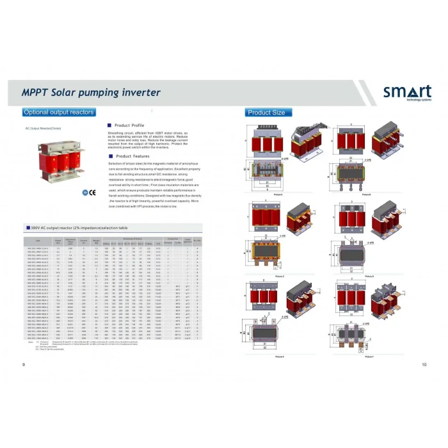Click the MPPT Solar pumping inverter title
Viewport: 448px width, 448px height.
pyautogui.click(x=91, y=93)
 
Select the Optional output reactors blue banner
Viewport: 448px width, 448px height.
pyautogui.click(x=59, y=113)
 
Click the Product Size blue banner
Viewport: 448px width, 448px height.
pyautogui.click(x=266, y=113)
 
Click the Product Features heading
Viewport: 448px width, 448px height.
pyautogui.click(x=132, y=156)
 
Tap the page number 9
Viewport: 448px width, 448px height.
pyautogui.click(x=24, y=365)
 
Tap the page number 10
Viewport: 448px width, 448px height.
pyautogui.click(x=424, y=365)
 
